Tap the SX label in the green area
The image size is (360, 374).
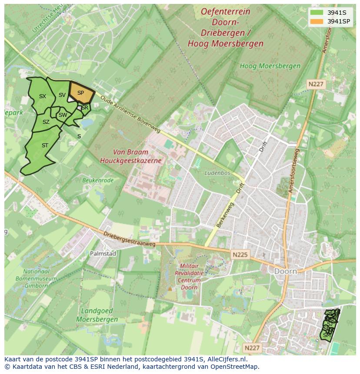pos(43,96)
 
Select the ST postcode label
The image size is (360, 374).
pos(45,146)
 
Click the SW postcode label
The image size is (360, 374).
pos(63,115)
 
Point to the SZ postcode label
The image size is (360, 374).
pos(46,122)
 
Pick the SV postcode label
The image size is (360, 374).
pos(62,95)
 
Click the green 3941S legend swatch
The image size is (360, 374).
pos(317,12)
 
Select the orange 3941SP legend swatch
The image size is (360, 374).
pos(317,21)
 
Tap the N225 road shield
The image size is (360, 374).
pos(240,255)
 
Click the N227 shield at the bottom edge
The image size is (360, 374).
pos(251,348)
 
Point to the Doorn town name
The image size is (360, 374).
pos(286,271)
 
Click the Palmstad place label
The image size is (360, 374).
pos(103,253)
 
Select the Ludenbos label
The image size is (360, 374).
pos(217,173)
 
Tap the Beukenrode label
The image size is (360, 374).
pos(98,180)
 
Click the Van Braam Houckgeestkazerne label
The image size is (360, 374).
pos(130,156)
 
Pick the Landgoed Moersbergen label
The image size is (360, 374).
pos(97,315)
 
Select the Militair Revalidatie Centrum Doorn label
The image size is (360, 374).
pos(189,276)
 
